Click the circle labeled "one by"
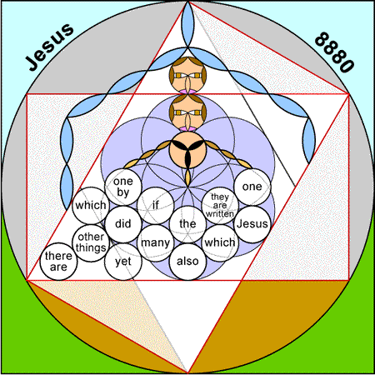tap(123, 187)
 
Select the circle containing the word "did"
tap(123, 224)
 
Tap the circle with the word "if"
tap(156, 206)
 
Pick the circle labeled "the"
tap(187, 224)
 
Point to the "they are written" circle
tap(220, 206)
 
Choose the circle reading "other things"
tap(91, 242)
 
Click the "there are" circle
tap(58, 262)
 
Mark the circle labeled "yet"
tap(123, 262)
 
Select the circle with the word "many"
tap(156, 242)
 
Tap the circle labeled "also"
tap(187, 262)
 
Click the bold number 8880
tap(335, 52)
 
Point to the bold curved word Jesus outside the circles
tap(49, 47)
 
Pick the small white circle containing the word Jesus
tap(252, 224)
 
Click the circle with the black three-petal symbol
tap(187, 150)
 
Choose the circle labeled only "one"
tap(252, 187)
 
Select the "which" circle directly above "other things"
tap(91, 206)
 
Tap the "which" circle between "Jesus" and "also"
tap(220, 242)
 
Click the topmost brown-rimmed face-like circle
tap(187, 75)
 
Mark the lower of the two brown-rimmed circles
tap(187, 112)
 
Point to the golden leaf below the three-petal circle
tap(187, 177)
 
